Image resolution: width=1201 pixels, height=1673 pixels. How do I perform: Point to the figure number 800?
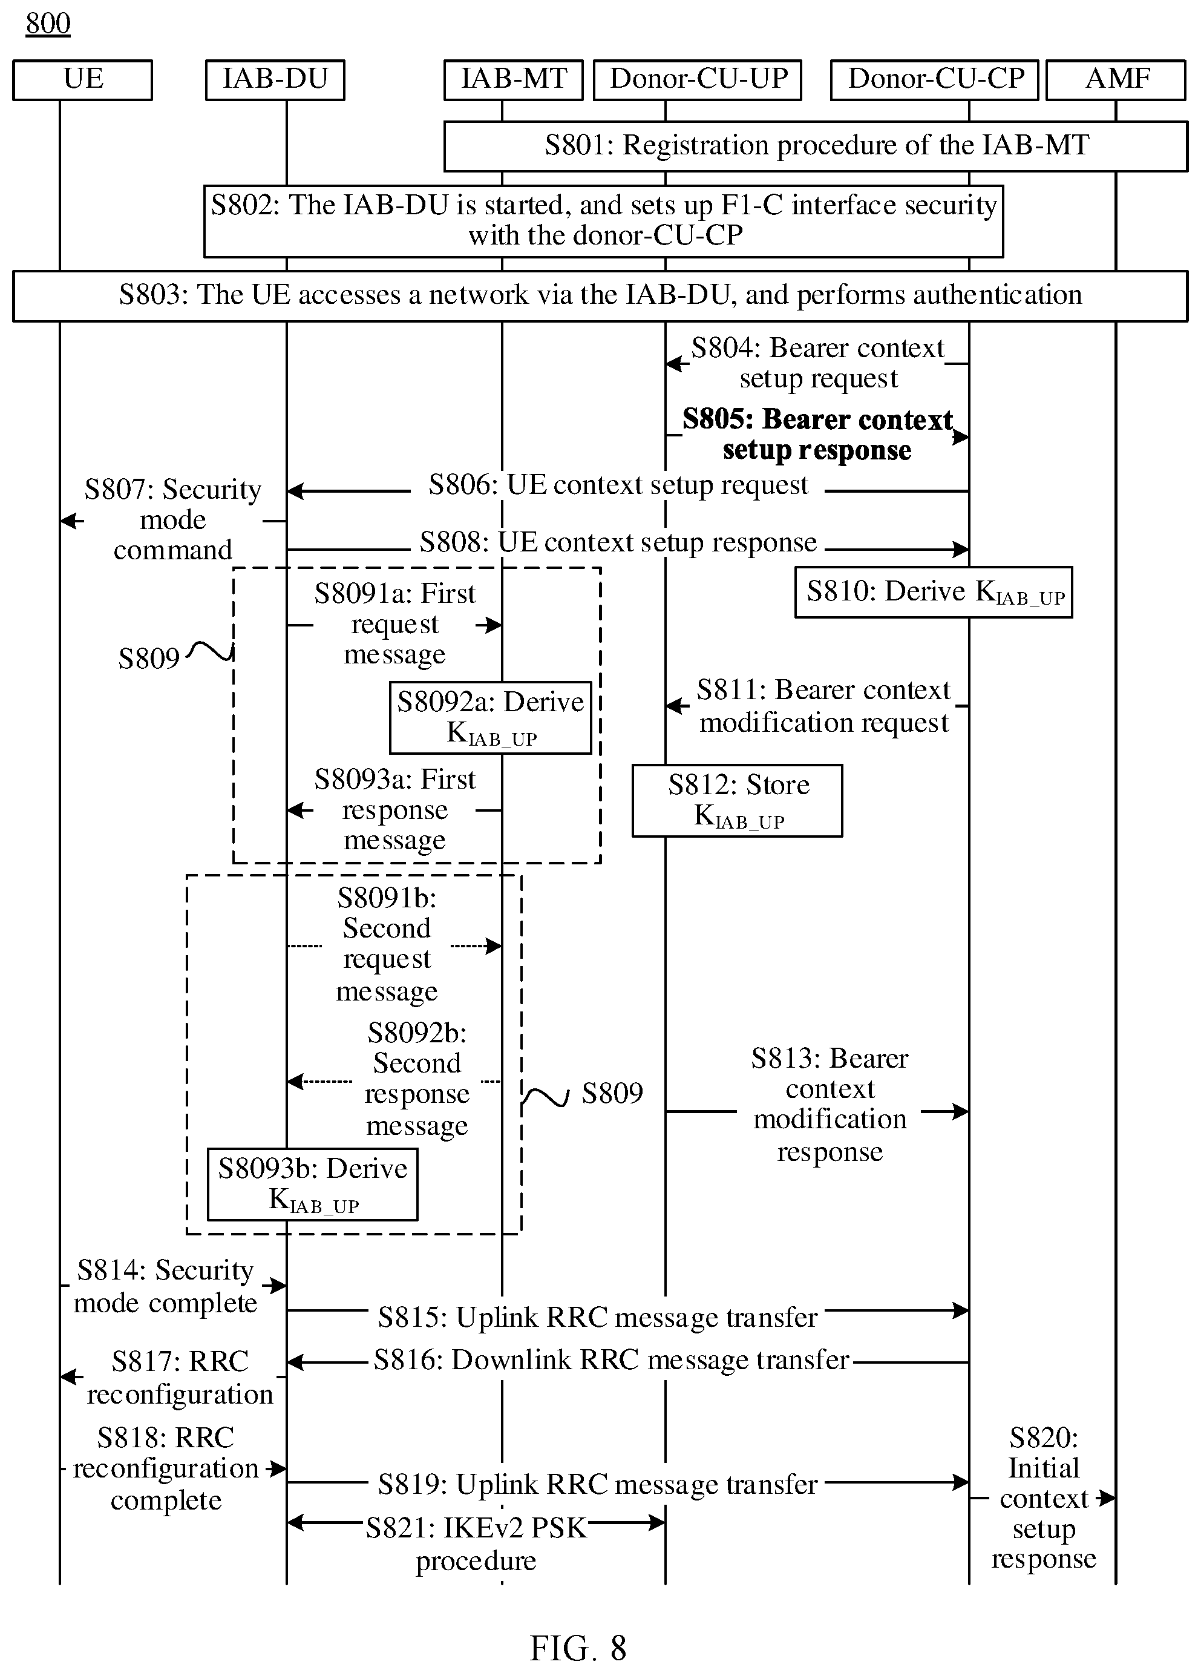[48, 24]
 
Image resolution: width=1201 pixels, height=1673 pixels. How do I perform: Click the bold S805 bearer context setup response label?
[817, 435]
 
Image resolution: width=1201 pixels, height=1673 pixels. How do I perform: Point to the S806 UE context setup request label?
[618, 485]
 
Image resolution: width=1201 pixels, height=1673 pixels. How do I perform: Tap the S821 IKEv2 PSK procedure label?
[476, 1543]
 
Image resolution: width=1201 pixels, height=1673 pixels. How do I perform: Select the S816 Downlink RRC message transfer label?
[612, 1359]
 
